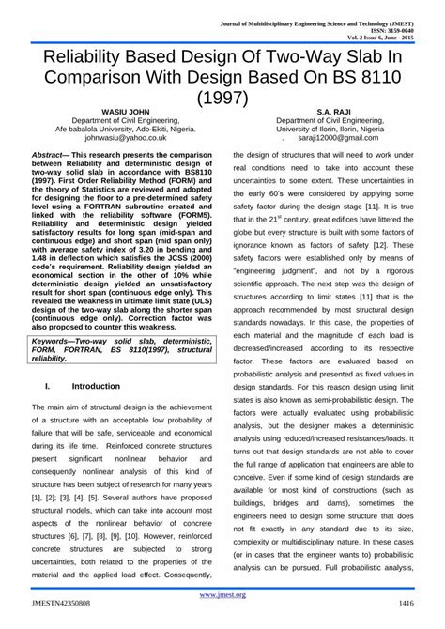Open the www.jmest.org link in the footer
(x=222, y=594)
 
